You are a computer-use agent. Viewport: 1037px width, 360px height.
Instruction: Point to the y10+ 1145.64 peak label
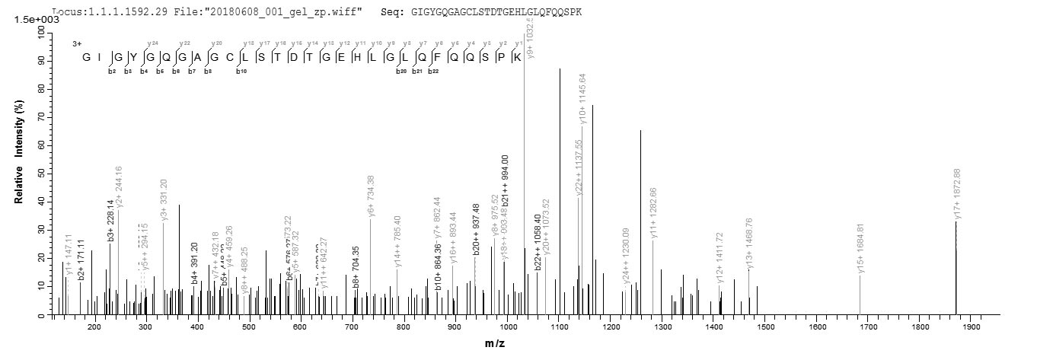pyautogui.click(x=582, y=98)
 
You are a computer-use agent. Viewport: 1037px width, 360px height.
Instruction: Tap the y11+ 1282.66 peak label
pyautogui.click(x=654, y=212)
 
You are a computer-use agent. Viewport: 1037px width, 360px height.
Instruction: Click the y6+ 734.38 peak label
pyautogui.click(x=371, y=196)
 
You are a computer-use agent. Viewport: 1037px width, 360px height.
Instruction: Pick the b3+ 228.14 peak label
pyautogui.click(x=110, y=218)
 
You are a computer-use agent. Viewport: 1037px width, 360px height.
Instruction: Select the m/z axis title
pyautogui.click(x=495, y=344)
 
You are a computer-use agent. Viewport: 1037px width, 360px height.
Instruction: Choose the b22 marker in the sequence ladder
pyautogui.click(x=433, y=71)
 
